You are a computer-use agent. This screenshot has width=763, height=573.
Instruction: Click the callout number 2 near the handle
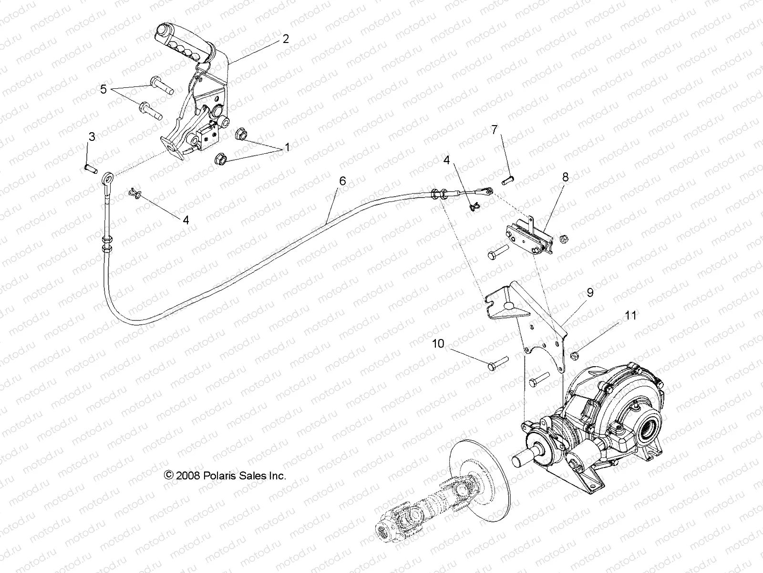(285, 39)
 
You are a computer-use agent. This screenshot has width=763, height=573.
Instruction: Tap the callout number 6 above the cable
(342, 181)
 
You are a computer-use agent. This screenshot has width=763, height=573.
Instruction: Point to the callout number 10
(438, 343)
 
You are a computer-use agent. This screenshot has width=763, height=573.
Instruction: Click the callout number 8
(565, 177)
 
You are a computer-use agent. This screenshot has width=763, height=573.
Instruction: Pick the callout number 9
(590, 293)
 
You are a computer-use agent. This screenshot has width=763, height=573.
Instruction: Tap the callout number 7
(494, 129)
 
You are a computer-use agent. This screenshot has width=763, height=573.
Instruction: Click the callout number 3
(91, 137)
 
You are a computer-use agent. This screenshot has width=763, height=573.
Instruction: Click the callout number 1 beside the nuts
(287, 148)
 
